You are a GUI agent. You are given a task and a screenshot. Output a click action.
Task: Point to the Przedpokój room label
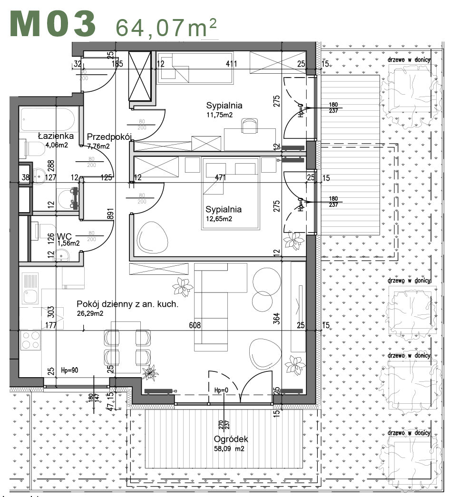tap(109, 136)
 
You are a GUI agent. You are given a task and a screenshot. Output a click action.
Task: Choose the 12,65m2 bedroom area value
tap(219, 219)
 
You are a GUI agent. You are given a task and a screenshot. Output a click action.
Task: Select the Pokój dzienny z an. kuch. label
tap(127, 305)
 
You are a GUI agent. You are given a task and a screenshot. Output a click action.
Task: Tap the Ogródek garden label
tap(231, 439)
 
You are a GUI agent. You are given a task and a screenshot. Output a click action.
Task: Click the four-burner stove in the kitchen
tap(30, 342)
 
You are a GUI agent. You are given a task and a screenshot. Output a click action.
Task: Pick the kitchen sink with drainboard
tap(30, 290)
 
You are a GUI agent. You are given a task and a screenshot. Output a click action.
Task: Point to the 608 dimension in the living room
tap(195, 326)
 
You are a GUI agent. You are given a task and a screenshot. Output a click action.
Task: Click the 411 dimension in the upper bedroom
tap(231, 63)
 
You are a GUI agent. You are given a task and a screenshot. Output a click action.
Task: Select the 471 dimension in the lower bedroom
tap(221, 177)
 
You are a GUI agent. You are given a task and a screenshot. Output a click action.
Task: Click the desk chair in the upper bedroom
tap(250, 126)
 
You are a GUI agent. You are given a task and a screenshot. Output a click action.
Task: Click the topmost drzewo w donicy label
tap(409, 59)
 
